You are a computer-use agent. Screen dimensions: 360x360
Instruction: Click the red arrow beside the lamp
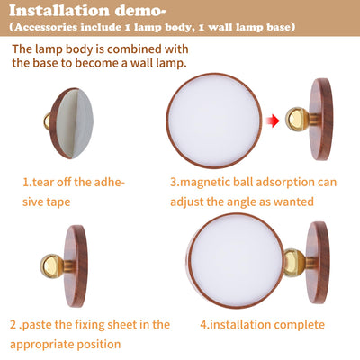click(x=273, y=121)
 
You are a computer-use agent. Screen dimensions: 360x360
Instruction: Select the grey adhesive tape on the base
click(x=75, y=123)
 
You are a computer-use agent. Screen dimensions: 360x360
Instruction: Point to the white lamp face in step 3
click(x=214, y=121)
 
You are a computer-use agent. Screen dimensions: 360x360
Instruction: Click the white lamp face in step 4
click(x=237, y=260)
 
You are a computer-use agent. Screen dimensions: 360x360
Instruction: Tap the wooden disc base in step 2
click(x=76, y=265)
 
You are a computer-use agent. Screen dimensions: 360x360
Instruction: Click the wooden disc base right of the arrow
click(x=321, y=119)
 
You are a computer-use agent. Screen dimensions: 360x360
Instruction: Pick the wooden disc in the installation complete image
click(x=318, y=263)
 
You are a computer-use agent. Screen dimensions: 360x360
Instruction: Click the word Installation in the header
click(x=59, y=11)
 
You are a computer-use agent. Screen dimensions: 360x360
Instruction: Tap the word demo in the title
click(x=138, y=11)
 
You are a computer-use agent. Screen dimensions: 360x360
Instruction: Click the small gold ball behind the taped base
click(x=47, y=121)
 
